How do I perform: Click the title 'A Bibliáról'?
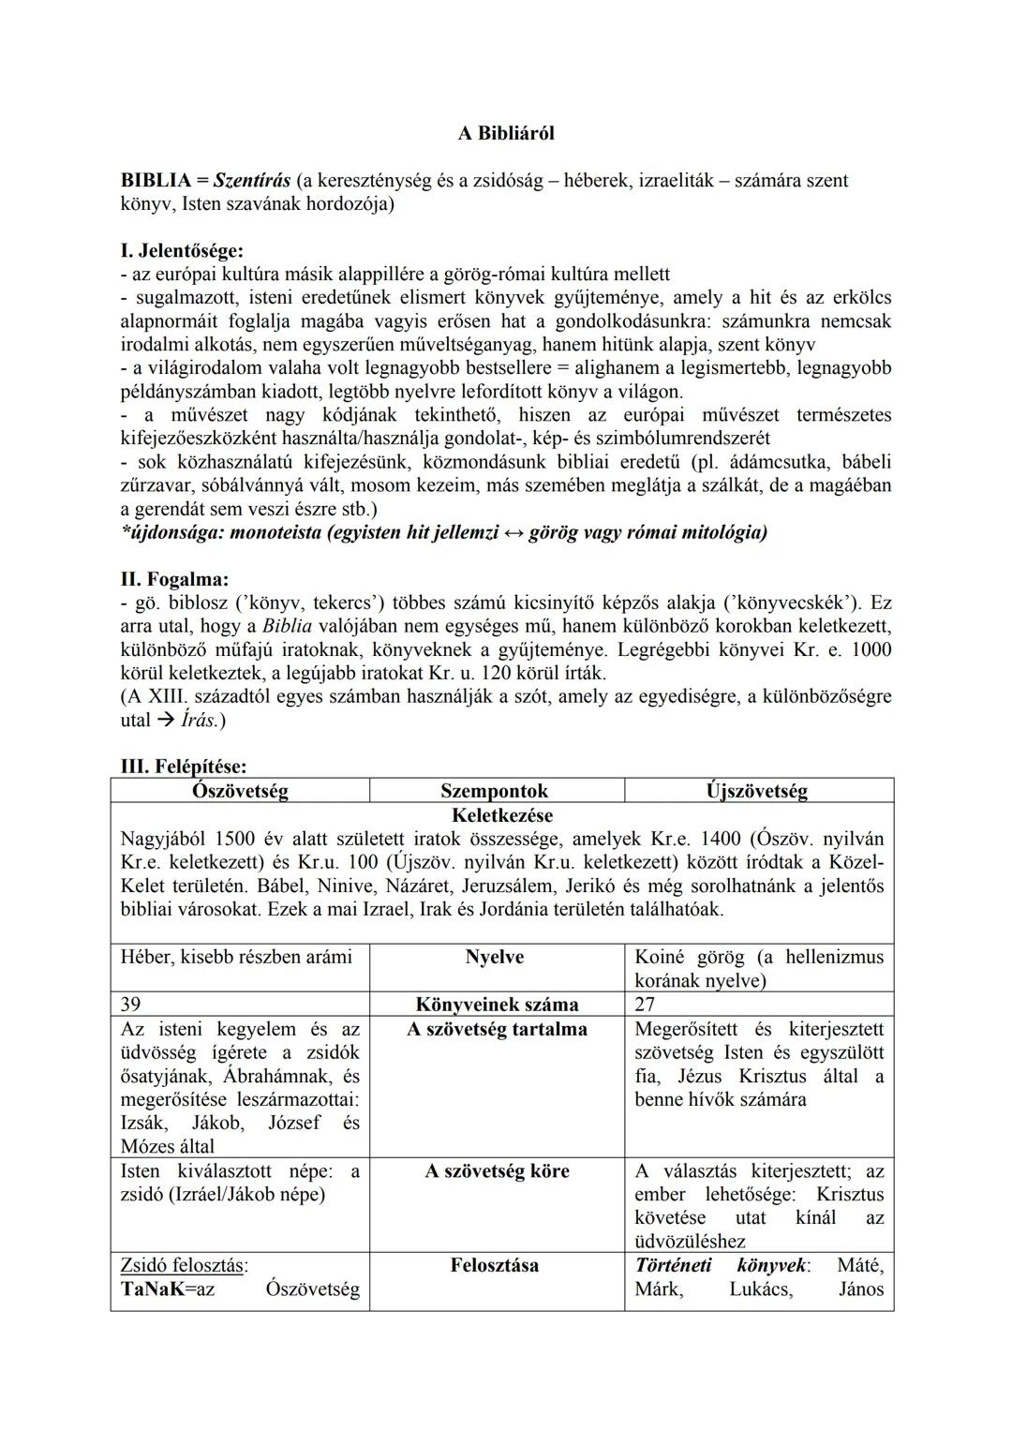[505, 133]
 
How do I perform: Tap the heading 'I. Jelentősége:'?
[182, 251]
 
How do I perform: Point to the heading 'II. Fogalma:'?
[174, 579]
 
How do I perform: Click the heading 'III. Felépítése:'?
[184, 767]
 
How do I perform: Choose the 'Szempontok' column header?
[494, 791]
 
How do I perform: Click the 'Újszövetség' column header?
[756, 791]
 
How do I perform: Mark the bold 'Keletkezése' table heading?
[501, 815]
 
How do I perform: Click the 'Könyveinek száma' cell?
[497, 1005]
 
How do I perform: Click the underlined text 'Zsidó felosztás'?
[183, 1265]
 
